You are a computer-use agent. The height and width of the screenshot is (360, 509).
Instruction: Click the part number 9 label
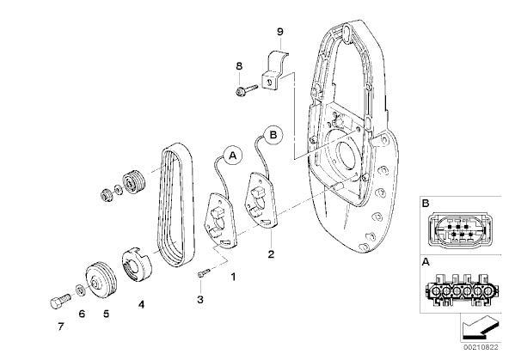pos(279,32)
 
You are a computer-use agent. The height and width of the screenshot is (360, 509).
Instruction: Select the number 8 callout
pos(239,66)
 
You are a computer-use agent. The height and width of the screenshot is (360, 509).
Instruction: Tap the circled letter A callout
pos(233,156)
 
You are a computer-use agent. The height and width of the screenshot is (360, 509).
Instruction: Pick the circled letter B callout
pos(273,134)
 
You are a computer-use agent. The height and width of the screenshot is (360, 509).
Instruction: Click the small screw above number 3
pos(204,272)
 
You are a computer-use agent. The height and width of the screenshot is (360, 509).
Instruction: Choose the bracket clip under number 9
pos(274,70)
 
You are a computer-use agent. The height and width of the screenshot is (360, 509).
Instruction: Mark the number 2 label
pos(271,254)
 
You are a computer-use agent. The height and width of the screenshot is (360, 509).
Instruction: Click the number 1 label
pos(233,277)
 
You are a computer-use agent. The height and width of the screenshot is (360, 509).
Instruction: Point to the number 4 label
pos(141,304)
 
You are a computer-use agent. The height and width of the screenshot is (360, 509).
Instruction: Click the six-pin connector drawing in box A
pos(459,290)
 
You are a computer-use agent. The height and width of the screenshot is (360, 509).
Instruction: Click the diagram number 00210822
pos(481,347)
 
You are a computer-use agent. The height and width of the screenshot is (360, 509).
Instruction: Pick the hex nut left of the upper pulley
pos(106,195)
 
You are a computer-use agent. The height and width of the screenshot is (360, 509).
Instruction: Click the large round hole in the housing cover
pos(347,156)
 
